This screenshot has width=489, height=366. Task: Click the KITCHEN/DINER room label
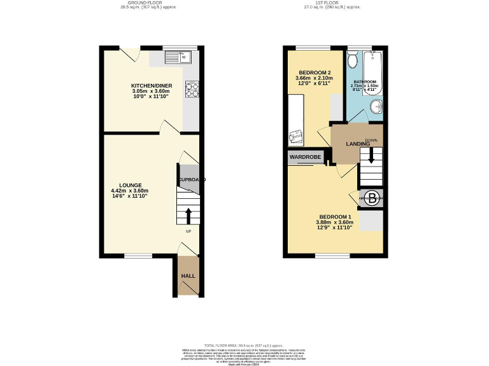(152, 86)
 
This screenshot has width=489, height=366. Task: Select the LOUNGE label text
(130, 185)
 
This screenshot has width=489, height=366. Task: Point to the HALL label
(188, 276)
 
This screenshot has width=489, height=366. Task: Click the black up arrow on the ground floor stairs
(188, 214)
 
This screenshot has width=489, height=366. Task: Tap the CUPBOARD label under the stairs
(192, 180)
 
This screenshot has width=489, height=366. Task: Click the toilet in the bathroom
(353, 60)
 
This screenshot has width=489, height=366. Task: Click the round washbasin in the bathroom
(378, 106)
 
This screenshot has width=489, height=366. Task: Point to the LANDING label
(358, 144)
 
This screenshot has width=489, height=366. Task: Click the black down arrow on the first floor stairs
(371, 157)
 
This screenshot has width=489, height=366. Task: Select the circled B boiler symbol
(371, 197)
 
